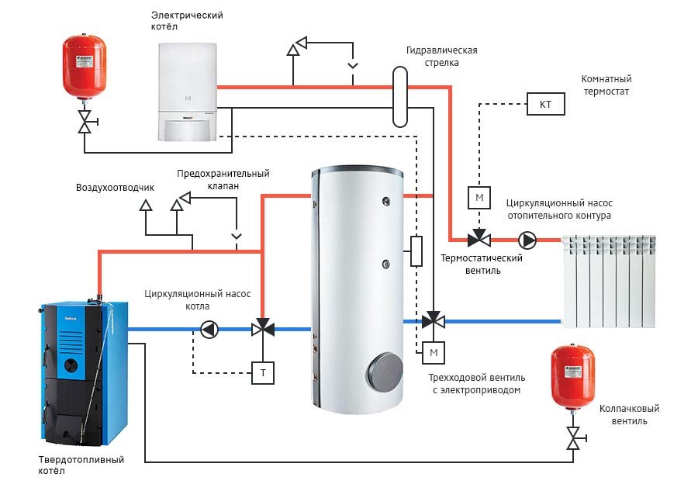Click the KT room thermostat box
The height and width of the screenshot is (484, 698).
[546, 104]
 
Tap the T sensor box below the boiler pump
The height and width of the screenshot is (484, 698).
[263, 373]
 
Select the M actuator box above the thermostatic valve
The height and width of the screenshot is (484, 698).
[479, 198]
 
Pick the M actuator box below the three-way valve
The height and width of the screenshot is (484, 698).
[434, 354]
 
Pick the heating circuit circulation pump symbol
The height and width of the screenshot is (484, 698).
[527, 238]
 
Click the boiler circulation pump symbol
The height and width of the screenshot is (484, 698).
[209, 329]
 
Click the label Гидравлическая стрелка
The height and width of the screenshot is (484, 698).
[441, 57]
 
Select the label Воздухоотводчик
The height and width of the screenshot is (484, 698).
[115, 188]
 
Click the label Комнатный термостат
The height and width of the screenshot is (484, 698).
[606, 85]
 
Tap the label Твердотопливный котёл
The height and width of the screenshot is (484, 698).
[81, 465]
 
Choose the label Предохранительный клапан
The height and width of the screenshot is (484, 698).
[223, 180]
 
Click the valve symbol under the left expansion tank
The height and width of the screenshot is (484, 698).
[85, 121]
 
